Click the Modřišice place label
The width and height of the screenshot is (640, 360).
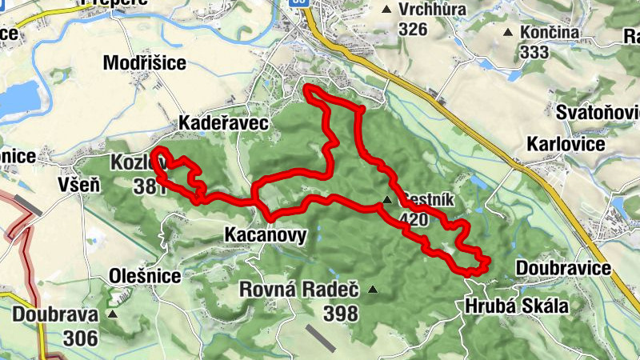point(144,63)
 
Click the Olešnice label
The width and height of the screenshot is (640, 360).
point(145,276)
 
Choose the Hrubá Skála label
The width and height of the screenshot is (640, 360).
point(516,306)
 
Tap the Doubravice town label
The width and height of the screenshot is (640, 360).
point(563,268)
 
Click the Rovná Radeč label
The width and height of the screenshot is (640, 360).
point(299,290)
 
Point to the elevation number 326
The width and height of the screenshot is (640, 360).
point(412,30)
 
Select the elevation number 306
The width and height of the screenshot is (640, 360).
point(82,337)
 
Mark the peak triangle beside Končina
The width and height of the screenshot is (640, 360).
point(508,33)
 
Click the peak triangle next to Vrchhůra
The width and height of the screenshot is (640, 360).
point(387,10)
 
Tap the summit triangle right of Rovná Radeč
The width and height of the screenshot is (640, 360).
point(371,290)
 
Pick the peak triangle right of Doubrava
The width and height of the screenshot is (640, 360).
point(112,314)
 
